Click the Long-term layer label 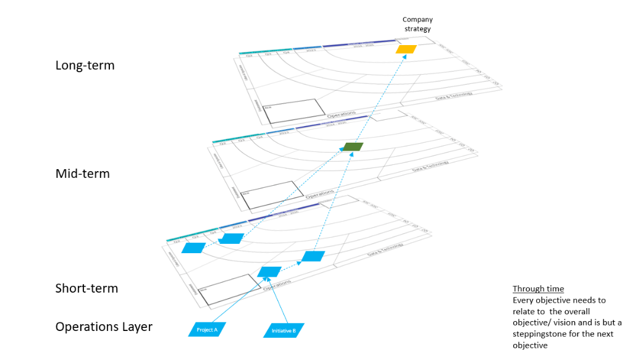click(85, 65)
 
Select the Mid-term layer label click(82, 174)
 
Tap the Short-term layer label click(86, 288)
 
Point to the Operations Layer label click(104, 327)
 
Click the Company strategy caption click(417, 24)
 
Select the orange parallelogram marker click(406, 49)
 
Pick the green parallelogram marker click(353, 147)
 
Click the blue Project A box click(207, 330)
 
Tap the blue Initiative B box click(283, 331)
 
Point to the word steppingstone click(546, 333)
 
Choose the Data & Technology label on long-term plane click(453, 96)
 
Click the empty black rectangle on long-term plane click(293, 111)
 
